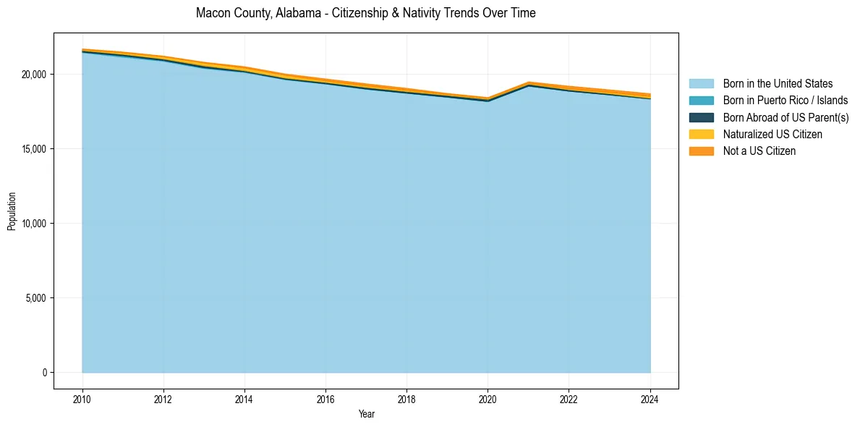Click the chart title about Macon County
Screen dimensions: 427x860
pyautogui.click(x=365, y=13)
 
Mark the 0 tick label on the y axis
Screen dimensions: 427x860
pyautogui.click(x=44, y=373)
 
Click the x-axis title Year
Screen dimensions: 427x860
pyautogui.click(x=366, y=414)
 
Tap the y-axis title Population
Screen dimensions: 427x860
pyautogui.click(x=12, y=211)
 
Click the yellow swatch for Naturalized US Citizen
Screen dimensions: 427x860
pyautogui.click(x=701, y=134)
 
